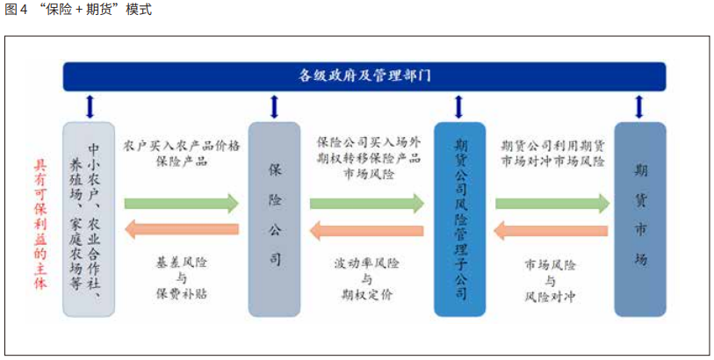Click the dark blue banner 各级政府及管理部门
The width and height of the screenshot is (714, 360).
tap(363, 76)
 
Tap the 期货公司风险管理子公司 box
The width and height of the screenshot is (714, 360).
tap(458, 219)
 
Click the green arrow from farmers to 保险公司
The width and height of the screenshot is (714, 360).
tap(181, 204)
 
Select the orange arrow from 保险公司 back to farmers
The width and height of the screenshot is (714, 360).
tap(181, 231)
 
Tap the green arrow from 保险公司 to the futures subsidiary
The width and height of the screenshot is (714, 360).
tap(367, 204)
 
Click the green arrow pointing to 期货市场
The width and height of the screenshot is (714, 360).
tap(552, 204)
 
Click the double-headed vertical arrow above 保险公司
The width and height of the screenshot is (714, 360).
tap(275, 107)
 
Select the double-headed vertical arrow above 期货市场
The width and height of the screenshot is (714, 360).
tap(639, 107)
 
